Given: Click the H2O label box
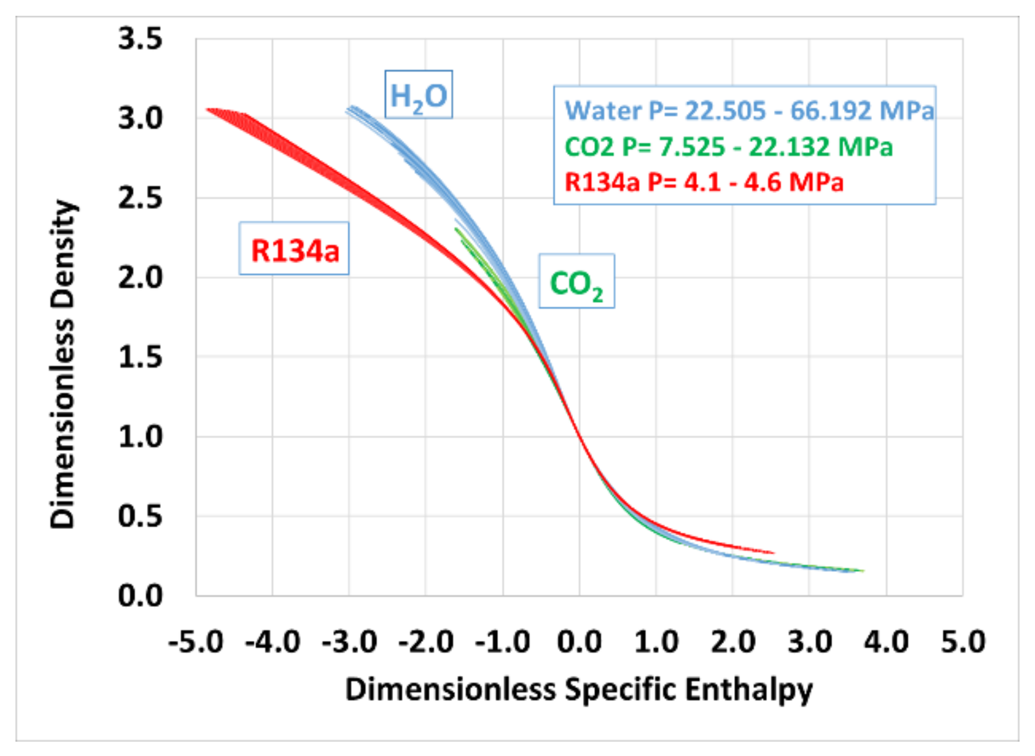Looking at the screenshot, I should pyautogui.click(x=418, y=95).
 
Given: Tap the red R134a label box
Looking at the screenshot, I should pyautogui.click(x=294, y=249).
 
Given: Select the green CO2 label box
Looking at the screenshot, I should pyautogui.click(x=576, y=282).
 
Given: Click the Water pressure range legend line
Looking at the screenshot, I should pyautogui.click(x=749, y=110).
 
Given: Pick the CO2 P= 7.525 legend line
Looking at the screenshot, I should pyautogui.click(x=728, y=146).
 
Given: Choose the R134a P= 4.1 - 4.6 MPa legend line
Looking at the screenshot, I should pyautogui.click(x=703, y=182).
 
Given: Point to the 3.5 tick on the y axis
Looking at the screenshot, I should pyautogui.click(x=140, y=39).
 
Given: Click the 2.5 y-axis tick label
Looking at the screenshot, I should pyautogui.click(x=140, y=198).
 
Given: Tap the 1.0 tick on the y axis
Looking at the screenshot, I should pyautogui.click(x=140, y=437).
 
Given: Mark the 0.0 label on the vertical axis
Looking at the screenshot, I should pyautogui.click(x=140, y=596).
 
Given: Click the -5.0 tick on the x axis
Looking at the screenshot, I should pyautogui.click(x=195, y=641).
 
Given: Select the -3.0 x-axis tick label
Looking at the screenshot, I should pyautogui.click(x=349, y=641).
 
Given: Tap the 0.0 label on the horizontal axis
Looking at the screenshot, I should pyautogui.click(x=579, y=641).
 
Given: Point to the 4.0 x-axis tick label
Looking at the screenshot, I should pyautogui.click(x=886, y=641).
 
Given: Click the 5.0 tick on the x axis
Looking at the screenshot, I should pyautogui.click(x=963, y=641).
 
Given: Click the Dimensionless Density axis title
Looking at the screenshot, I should pyautogui.click(x=62, y=364).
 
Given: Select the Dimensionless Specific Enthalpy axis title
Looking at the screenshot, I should pyautogui.click(x=578, y=689).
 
